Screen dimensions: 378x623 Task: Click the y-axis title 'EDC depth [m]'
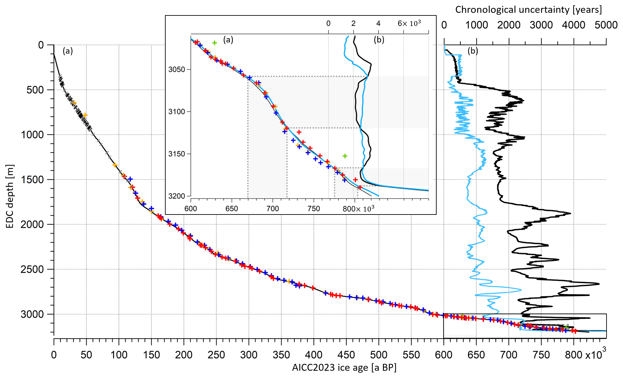(x=10, y=196)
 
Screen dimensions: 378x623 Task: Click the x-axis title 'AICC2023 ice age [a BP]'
(x=344, y=367)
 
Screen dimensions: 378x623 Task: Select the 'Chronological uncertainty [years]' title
(x=528, y=10)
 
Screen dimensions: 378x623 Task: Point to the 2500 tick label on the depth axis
(x=32, y=269)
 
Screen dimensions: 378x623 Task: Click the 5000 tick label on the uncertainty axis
(x=606, y=25)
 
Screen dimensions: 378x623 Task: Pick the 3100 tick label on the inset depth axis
(x=177, y=112)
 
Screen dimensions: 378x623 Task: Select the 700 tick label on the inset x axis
(x=273, y=209)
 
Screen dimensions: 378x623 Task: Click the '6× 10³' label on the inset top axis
(x=409, y=23)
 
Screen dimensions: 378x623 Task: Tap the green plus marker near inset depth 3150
(x=345, y=156)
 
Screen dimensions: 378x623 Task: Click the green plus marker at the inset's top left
(x=214, y=43)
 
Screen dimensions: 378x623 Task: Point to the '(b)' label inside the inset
(x=379, y=40)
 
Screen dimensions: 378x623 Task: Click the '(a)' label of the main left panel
(x=68, y=51)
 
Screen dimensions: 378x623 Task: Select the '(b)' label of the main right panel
(x=473, y=51)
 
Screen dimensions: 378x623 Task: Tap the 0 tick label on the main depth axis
(x=41, y=45)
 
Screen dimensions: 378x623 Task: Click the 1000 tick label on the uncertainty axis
(x=476, y=25)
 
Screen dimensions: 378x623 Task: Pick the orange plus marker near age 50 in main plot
(x=85, y=115)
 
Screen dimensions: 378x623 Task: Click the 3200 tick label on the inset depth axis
(x=177, y=196)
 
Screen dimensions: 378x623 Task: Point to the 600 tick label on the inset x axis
(x=191, y=209)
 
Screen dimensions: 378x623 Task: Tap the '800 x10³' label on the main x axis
(x=585, y=355)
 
